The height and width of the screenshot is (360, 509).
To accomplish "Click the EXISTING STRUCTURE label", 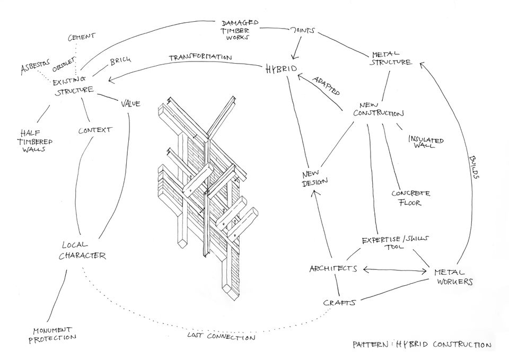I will pos(74,85).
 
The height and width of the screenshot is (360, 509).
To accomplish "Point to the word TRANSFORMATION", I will pos(200,57).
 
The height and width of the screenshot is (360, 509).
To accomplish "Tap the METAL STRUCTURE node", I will pos(392,58).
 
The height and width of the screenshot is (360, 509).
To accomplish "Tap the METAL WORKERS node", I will pos(453,276).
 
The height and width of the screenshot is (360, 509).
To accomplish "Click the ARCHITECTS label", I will pos(333,269).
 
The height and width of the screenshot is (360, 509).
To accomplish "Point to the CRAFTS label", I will pos(338,302).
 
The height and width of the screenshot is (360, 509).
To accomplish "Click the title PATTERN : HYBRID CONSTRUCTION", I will pos(422,345).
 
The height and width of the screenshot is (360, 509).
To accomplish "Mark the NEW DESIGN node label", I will pos(314,178).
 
